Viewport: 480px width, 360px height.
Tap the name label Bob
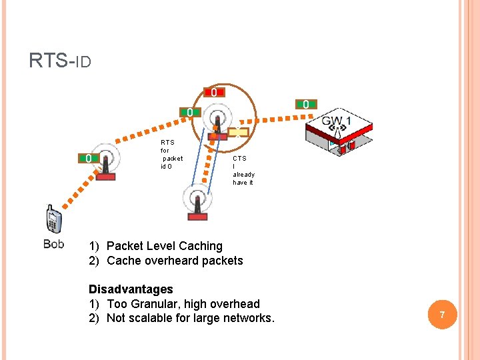coord(53,244)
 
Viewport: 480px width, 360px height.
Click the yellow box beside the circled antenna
coord(238,132)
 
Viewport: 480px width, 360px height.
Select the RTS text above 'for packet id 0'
coord(167,142)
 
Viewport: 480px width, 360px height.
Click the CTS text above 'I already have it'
coord(239,159)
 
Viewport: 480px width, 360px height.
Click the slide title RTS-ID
coord(60,61)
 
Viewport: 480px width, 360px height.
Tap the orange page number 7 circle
coord(441,314)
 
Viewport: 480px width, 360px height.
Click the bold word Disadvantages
coord(131,289)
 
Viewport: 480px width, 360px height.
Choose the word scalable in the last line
coord(151,318)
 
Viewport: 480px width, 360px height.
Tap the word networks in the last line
coord(248,318)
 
